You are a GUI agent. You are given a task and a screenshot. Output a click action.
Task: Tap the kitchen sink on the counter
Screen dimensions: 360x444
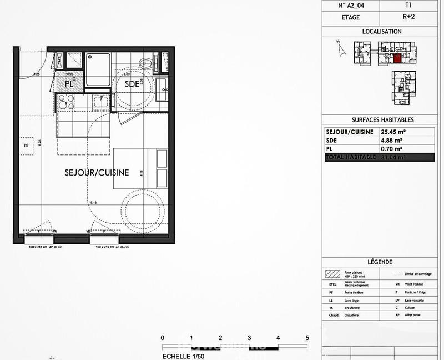[x=101, y=102]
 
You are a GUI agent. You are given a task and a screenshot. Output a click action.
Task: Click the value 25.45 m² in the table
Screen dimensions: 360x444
[x=393, y=132]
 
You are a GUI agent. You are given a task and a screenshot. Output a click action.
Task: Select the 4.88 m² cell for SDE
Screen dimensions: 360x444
[x=391, y=141]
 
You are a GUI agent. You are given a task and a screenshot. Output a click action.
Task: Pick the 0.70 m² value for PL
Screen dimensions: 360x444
[x=391, y=149]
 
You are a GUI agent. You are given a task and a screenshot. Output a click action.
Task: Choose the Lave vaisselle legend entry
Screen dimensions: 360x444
[x=411, y=300]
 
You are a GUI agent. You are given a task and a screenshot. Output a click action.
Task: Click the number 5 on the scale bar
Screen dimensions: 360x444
[x=307, y=338]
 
